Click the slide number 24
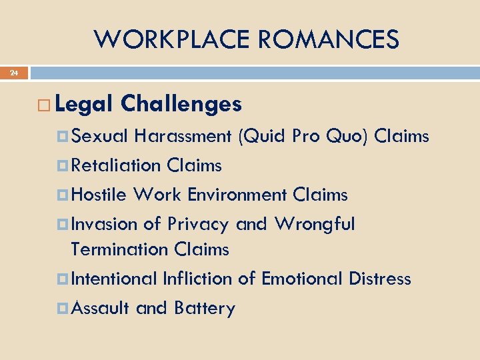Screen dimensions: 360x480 (x=14, y=73)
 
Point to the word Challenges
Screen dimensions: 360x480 (x=181, y=104)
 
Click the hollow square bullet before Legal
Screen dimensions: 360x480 (x=45, y=105)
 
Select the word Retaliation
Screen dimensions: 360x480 (x=116, y=165)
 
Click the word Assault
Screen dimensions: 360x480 (x=100, y=308)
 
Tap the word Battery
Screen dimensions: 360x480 (x=204, y=308)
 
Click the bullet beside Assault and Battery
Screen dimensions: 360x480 (x=64, y=308)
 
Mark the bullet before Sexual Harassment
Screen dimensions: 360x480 (x=64, y=136)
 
